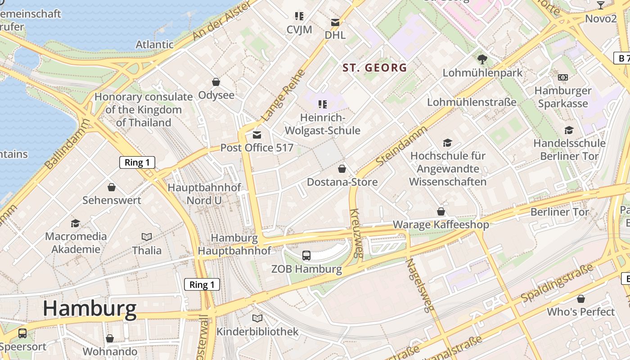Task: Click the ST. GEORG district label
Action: pos(374,68)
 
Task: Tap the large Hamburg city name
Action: pos(90,309)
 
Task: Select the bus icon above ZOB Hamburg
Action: pos(306,256)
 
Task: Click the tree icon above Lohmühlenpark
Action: pos(482,59)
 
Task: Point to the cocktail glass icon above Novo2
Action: pos(600,5)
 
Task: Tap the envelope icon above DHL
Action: pos(335,22)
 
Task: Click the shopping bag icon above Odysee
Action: pos(216,82)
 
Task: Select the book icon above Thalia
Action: pos(147,237)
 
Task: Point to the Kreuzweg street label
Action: pos(355,233)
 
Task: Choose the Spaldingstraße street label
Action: pos(557,284)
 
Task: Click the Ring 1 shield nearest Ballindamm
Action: pos(137,162)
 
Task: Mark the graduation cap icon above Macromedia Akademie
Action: pos(76,223)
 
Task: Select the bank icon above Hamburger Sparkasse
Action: pos(562,77)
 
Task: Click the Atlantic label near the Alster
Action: pos(154,45)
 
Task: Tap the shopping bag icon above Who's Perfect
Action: pos(581,299)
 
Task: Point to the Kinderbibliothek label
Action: pos(257,332)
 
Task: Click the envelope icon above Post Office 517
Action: pos(257,135)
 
